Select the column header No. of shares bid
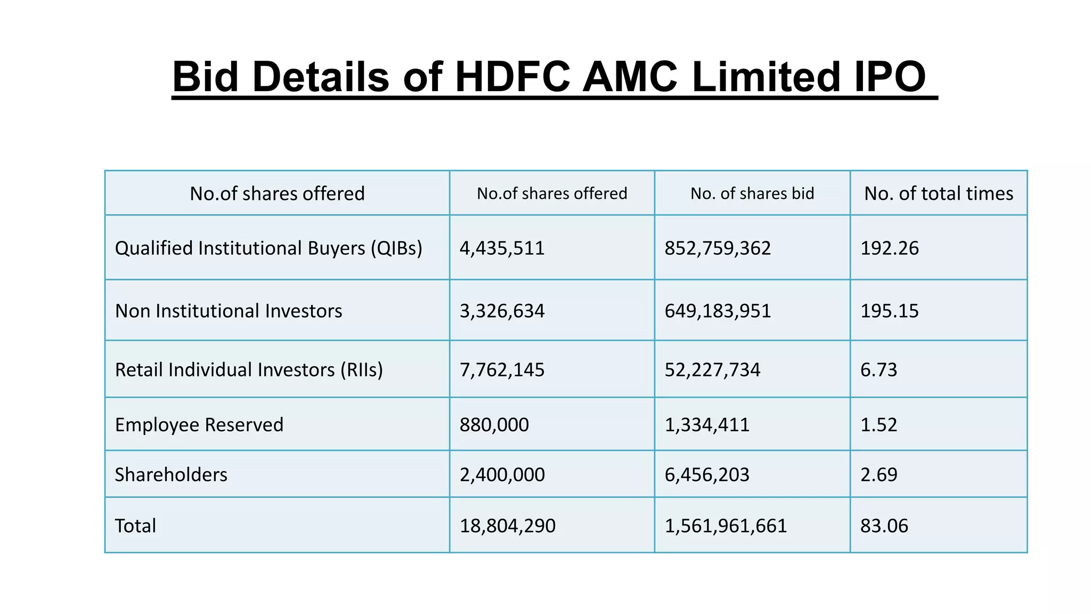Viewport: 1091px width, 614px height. pyautogui.click(x=752, y=193)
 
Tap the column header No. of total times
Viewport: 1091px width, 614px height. pyautogui.click(x=938, y=193)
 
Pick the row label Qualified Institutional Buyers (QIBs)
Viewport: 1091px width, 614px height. pyautogui.click(x=268, y=248)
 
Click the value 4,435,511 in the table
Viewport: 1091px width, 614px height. pyautogui.click(x=502, y=248)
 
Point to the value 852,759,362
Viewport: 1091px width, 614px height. pyautogui.click(x=717, y=248)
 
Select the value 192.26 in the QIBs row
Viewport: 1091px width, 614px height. pyautogui.click(x=889, y=248)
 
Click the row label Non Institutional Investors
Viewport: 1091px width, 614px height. pyautogui.click(x=229, y=311)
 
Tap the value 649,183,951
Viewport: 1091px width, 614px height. pyautogui.click(x=717, y=311)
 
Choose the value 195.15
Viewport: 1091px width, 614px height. pyautogui.click(x=889, y=311)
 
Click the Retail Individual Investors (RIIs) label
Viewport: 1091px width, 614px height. pyautogui.click(x=249, y=370)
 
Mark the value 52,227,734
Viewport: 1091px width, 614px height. pyautogui.click(x=712, y=370)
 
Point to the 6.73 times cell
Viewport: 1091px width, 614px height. pyautogui.click(x=878, y=370)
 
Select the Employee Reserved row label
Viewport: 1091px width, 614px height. pyautogui.click(x=199, y=425)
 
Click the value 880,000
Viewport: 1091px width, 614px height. pyautogui.click(x=494, y=425)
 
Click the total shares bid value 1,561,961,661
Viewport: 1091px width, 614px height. pyautogui.click(x=725, y=526)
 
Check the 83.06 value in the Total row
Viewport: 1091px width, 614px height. pyautogui.click(x=884, y=526)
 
